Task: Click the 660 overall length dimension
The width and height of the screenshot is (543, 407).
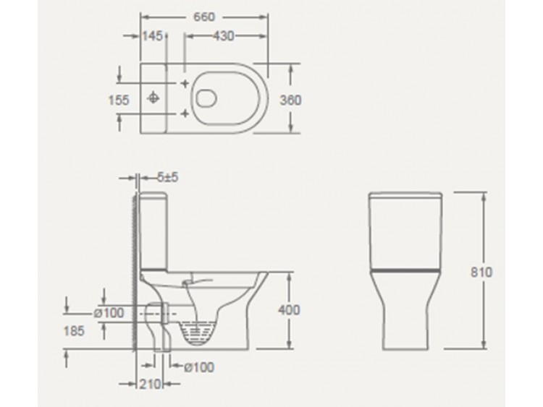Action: click(203, 17)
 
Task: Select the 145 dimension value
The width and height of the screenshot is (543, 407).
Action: click(152, 35)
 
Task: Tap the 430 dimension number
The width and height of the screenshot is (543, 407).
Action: click(224, 35)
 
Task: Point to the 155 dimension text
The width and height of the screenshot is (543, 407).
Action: click(119, 100)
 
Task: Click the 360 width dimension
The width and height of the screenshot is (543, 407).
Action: click(290, 100)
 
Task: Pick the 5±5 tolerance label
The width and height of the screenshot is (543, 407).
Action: click(168, 177)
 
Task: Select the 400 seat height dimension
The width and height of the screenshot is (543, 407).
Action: click(289, 310)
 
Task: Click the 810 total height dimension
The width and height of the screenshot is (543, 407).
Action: click(481, 273)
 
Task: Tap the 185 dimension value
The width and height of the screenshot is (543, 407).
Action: click(74, 331)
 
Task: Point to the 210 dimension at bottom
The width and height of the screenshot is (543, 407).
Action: click(151, 384)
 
